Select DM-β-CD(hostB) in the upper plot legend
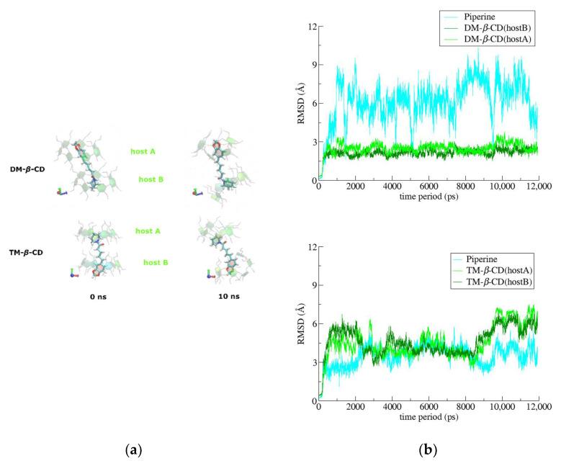point(496,28)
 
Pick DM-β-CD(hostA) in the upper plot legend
point(496,40)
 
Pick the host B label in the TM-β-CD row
point(156,263)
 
